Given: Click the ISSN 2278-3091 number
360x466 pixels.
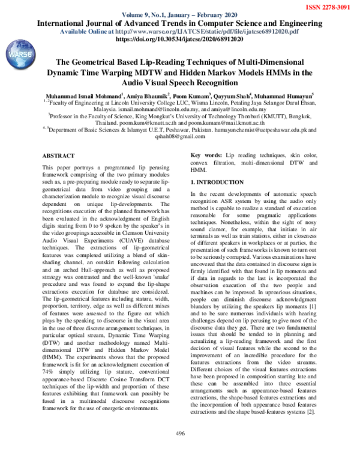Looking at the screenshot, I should click(x=328, y=6).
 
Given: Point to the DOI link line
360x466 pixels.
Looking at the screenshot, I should click(x=179, y=38).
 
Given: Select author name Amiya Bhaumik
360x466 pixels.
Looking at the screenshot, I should click(x=148, y=95).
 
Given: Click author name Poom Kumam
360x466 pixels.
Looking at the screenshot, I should click(x=191, y=95).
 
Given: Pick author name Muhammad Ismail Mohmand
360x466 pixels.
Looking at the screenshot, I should click(x=84, y=95).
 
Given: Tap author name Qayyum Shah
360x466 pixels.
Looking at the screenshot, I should click(x=233, y=95).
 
